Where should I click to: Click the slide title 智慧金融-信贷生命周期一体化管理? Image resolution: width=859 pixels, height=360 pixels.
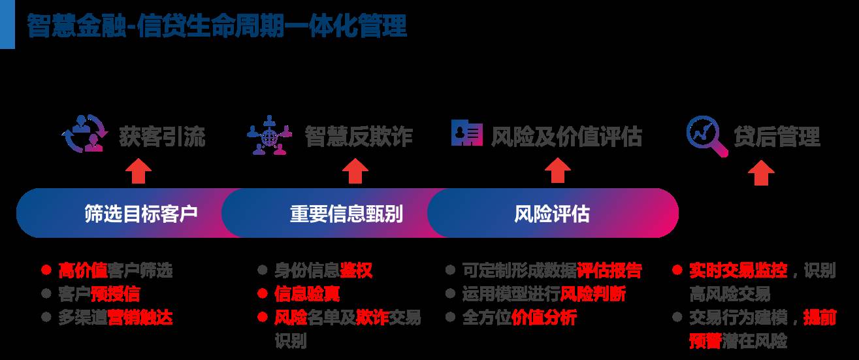pos(217,26)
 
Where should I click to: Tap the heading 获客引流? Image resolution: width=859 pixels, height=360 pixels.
pos(162,137)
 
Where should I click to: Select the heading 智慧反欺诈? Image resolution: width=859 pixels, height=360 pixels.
pos(358,137)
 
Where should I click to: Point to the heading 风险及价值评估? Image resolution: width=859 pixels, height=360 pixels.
pos(566,137)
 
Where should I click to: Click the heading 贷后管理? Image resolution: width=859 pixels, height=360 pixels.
pos(777,137)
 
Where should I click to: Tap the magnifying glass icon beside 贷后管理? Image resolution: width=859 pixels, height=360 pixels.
pos(707,136)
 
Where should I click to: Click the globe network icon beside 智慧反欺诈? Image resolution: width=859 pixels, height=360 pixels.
pos(269,135)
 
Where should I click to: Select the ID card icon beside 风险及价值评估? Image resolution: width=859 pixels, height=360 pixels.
pos(467,133)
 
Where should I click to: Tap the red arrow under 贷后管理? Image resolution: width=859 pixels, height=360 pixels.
pos(761,173)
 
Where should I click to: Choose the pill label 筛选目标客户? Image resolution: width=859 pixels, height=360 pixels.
pos(140,214)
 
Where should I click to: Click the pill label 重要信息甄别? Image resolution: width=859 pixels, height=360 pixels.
pos(346,214)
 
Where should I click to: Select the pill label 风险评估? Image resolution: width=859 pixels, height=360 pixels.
pos(552,214)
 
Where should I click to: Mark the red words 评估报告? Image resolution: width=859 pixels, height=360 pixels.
pos(609,270)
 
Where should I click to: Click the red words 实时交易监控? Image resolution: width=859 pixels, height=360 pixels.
pos(738,270)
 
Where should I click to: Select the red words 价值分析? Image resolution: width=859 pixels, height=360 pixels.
pos(544,318)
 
